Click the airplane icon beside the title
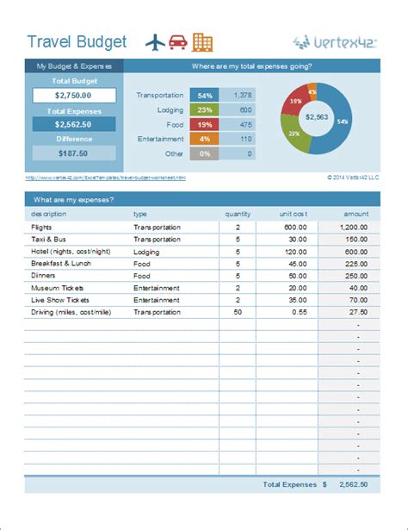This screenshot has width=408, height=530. pos(156,41)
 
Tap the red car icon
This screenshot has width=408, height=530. pos(179,41)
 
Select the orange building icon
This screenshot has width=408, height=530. pos(202,41)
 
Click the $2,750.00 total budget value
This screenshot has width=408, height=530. pos(73,96)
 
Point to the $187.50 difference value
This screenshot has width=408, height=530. pos(73,153)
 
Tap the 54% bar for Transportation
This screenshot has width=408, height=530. pos(205,96)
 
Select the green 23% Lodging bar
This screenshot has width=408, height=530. pos(205,110)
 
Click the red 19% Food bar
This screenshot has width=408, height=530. pos(205,125)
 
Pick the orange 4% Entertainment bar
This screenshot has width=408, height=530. pos(205,139)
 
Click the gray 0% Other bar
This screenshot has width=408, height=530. pos(205,153)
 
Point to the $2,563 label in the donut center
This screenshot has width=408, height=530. pos(318,117)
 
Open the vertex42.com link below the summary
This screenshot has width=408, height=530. pos(105,178)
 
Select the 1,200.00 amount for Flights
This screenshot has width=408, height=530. pos(354,228)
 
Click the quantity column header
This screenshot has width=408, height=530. pos(238,213)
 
